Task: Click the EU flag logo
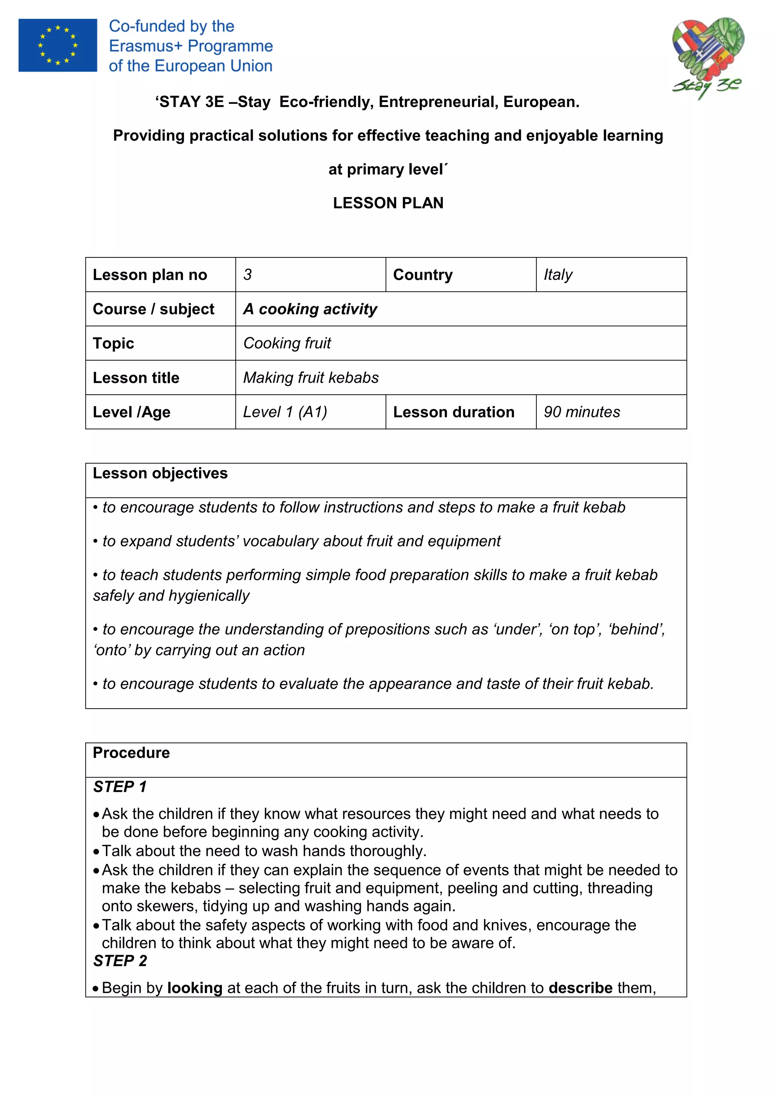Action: pos(57,45)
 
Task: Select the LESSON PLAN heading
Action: pos(388,203)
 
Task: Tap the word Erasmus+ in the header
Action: pos(146,46)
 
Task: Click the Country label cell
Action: pos(423,274)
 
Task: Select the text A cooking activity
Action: pos(310,309)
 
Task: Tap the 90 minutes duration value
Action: pos(582,412)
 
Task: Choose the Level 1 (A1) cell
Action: pos(285,412)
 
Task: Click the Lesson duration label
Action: pos(454,412)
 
